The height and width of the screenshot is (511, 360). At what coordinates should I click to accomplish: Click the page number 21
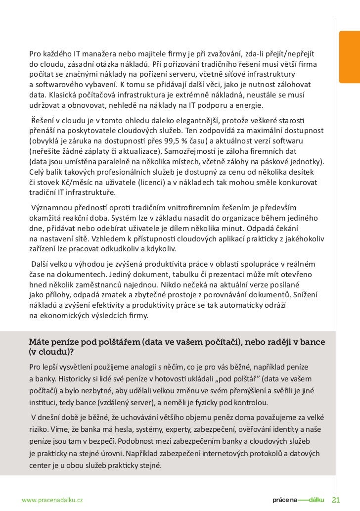coord(336,499)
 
